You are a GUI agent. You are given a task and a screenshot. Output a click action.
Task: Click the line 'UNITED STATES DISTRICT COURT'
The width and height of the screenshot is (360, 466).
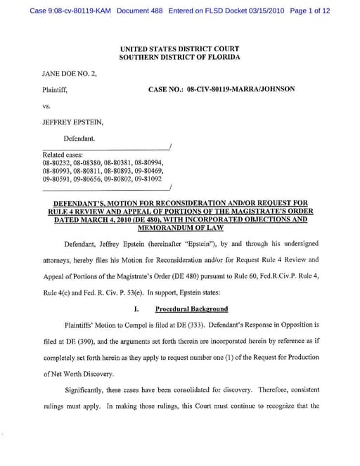tap(179, 49)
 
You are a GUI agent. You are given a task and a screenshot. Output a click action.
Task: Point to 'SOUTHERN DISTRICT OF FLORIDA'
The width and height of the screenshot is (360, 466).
tap(179, 57)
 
